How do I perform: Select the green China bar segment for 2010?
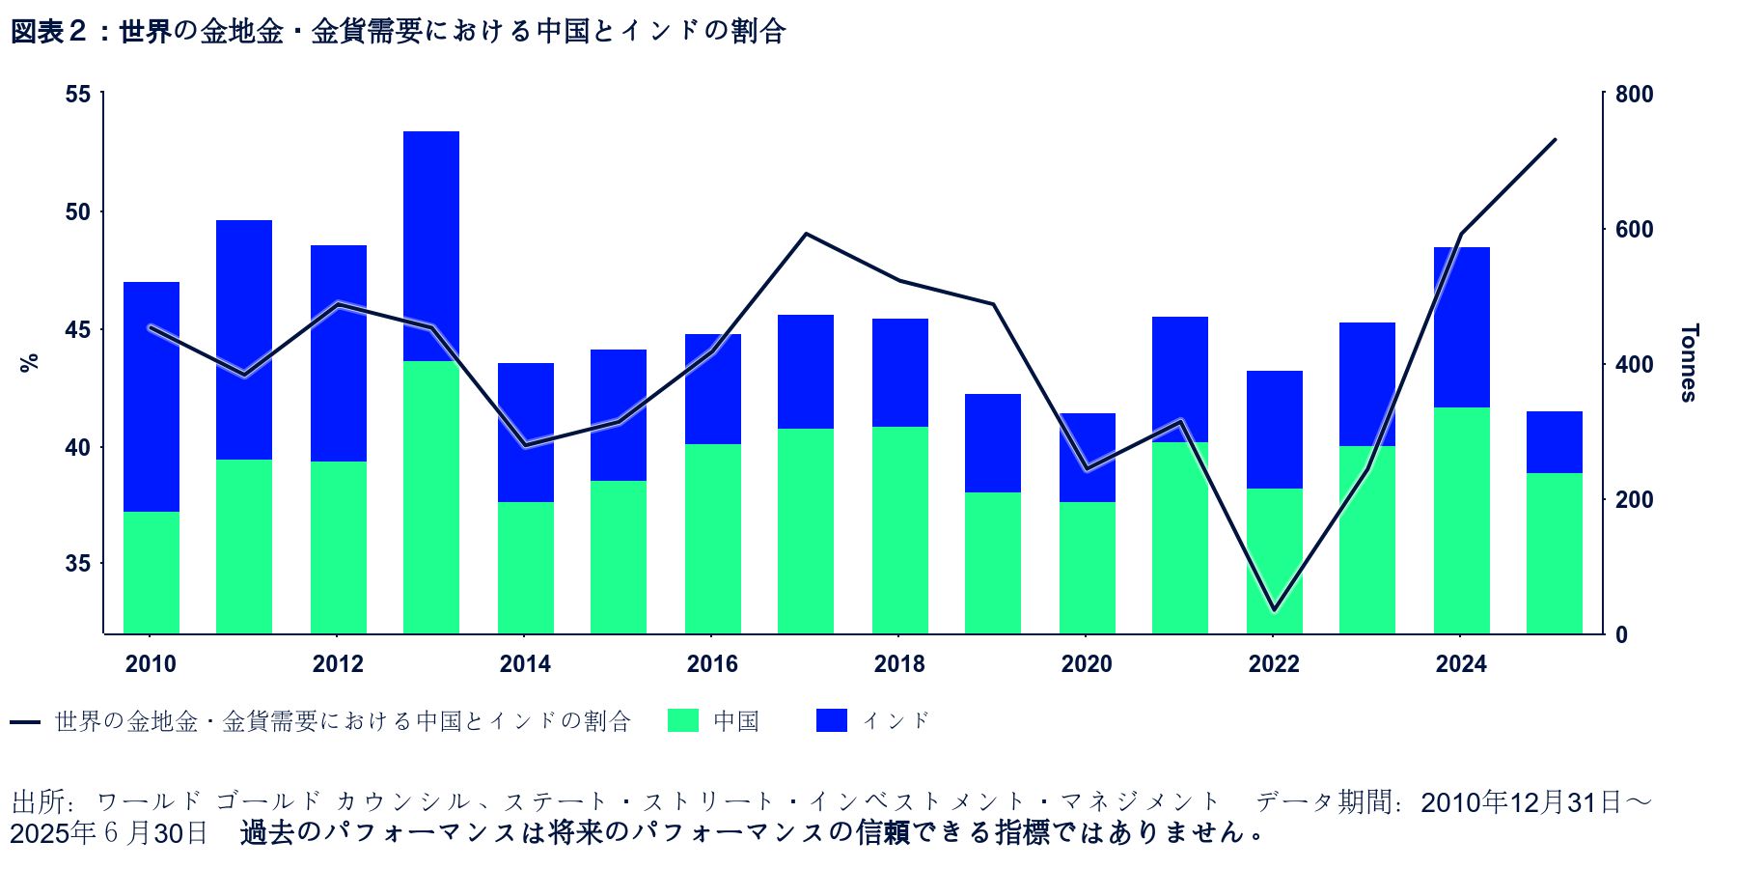coord(152,573)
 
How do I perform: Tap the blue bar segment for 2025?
coord(1555,442)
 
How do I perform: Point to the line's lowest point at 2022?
coord(1274,610)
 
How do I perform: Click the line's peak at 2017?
coord(806,234)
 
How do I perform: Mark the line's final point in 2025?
coord(1555,140)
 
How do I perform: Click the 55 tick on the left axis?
coord(78,95)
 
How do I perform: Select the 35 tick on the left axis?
coord(78,564)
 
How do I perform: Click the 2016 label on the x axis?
coord(712,664)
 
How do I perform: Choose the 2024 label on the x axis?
coord(1461,664)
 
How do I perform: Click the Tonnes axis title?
coord(1688,362)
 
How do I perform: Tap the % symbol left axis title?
coord(29,363)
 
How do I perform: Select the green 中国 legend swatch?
coord(683,720)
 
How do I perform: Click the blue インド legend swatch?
coord(831,720)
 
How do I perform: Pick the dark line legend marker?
coord(25,722)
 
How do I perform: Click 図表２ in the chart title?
coord(49,32)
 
